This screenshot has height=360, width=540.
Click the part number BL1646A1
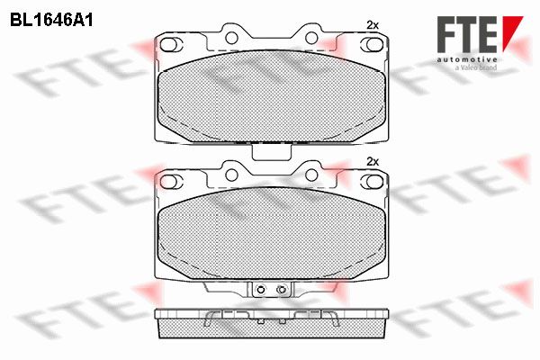tap(51, 21)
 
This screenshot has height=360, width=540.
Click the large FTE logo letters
tap(467, 34)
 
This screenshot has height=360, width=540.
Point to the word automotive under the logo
tap(467, 59)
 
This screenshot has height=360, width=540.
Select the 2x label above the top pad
tap(373, 25)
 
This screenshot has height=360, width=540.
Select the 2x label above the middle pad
tap(373, 161)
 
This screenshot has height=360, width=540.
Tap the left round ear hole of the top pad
tap(231, 38)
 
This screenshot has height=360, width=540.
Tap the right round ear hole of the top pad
tap(311, 38)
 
